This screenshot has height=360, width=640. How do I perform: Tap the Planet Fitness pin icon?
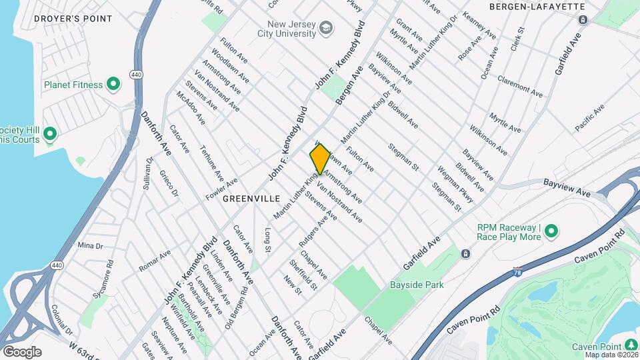click(x=113, y=84)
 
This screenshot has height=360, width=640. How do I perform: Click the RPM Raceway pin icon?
click(x=551, y=231)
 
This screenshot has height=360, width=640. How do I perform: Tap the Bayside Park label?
click(x=417, y=285)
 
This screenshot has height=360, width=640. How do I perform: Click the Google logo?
click(x=22, y=352)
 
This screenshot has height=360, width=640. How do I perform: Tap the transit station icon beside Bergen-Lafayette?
click(x=583, y=20)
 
